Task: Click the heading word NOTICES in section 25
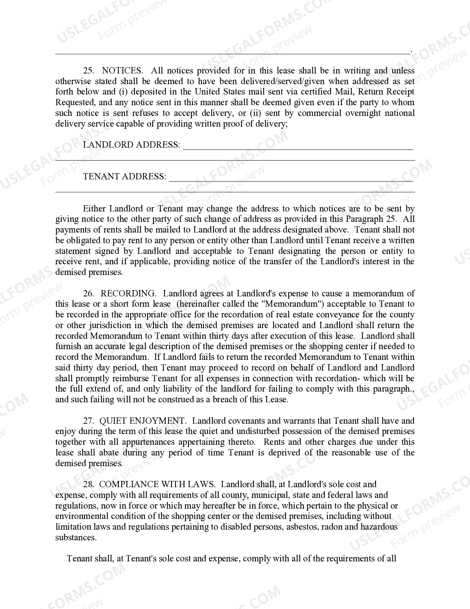(x=122, y=70)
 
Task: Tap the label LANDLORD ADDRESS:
(x=132, y=145)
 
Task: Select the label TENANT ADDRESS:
(x=125, y=176)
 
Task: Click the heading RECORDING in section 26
(x=128, y=293)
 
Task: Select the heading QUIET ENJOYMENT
(x=143, y=421)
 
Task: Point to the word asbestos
(x=302, y=527)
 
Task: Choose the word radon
(x=332, y=527)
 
